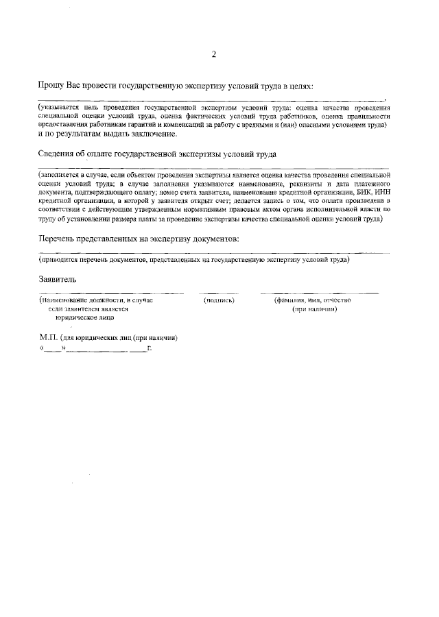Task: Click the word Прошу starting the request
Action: [x=51, y=86]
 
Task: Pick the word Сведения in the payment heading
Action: [x=56, y=155]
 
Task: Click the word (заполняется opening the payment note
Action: [x=60, y=176]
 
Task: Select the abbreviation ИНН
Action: [x=381, y=193]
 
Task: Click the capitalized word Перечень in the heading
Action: [x=58, y=239]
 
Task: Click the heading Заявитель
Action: [x=58, y=279]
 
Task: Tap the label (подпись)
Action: [x=219, y=300]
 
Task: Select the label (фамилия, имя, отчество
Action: [x=313, y=300]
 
